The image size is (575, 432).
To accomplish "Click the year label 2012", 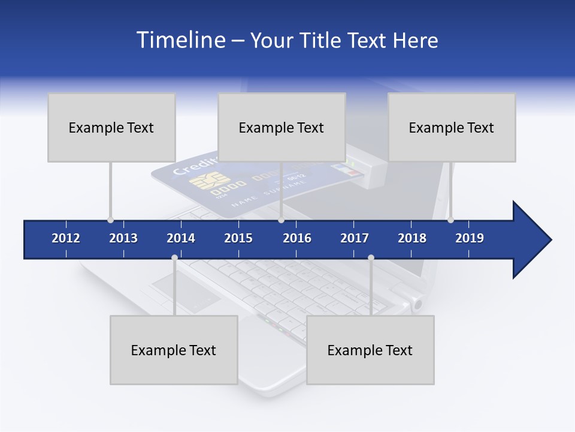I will tap(66, 238).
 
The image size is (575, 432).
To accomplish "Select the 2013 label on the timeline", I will tap(123, 238).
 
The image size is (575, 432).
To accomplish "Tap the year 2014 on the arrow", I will tap(181, 238).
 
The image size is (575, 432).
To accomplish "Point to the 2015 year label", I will tap(238, 238).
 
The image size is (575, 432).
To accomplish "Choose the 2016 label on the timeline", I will tap(297, 238).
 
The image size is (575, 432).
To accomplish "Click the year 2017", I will tap(355, 238).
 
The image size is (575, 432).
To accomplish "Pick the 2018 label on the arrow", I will tap(412, 238).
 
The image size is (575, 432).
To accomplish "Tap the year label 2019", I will tap(470, 238).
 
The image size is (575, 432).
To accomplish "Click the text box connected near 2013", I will tap(111, 127).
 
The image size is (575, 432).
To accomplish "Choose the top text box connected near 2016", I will tap(282, 127).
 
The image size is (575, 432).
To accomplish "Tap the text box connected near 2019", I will tap(452, 127).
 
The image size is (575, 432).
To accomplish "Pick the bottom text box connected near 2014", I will tap(174, 350).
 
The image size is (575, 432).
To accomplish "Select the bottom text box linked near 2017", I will tap(370, 350).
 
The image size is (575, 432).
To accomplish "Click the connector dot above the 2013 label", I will tap(110, 220).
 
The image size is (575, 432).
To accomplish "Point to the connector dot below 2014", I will tap(174, 258).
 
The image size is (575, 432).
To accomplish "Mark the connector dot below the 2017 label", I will tap(371, 258).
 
